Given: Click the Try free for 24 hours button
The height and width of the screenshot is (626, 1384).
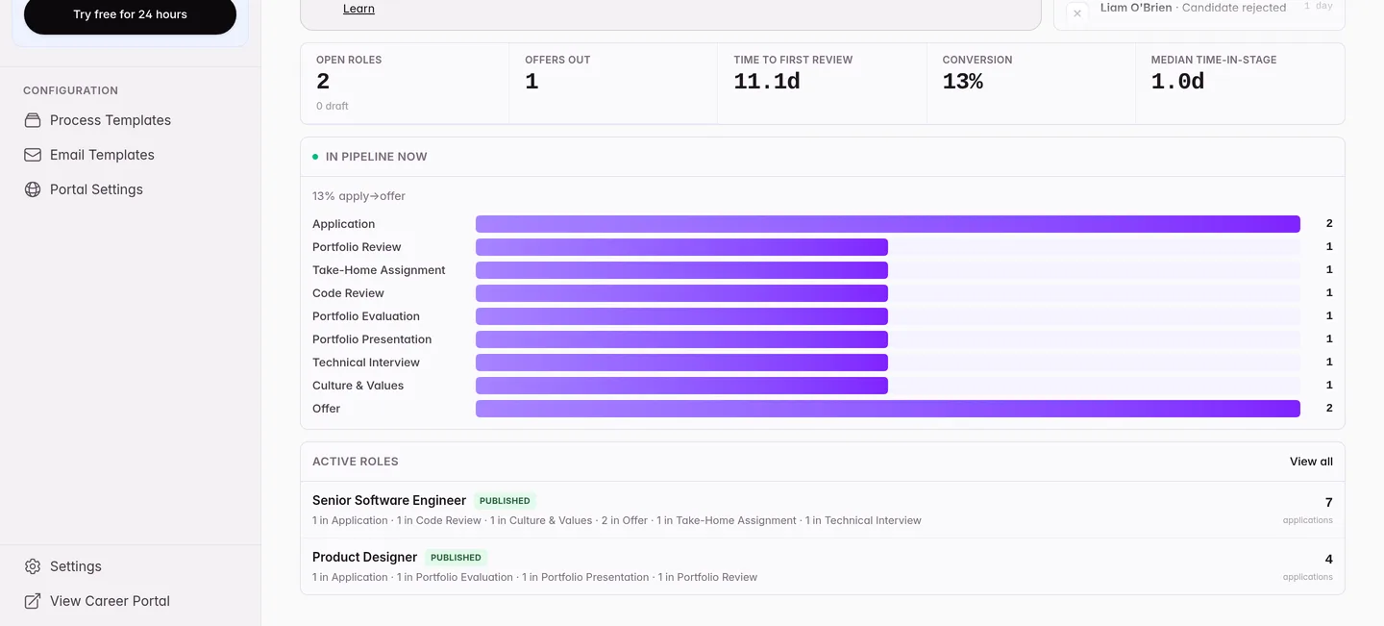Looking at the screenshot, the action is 130,14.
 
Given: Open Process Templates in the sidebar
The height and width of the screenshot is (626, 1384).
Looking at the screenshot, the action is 110,120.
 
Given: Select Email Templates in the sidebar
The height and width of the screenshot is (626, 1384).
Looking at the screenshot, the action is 102,155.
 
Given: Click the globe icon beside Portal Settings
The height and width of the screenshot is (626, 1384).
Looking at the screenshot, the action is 33,189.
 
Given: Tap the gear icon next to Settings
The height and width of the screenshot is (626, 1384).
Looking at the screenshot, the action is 33,566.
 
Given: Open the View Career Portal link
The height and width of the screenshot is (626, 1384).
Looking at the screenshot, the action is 110,601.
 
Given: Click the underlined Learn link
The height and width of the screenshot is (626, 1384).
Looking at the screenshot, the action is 358,9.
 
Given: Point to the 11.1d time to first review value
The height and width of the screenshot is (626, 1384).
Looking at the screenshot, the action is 767,81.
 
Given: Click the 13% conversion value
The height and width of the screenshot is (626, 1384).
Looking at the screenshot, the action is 963,81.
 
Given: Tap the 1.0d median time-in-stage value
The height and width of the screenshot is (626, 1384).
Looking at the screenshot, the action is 1177,81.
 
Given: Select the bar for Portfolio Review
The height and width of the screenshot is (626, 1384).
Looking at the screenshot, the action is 681,247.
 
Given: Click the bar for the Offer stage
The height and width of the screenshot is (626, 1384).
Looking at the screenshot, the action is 888,409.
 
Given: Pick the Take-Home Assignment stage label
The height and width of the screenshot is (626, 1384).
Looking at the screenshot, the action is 379,270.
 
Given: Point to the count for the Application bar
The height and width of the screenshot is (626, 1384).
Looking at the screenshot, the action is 1329,223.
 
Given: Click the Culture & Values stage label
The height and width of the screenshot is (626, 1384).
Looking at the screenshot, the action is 358,386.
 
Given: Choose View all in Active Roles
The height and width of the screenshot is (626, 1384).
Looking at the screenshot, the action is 1311,462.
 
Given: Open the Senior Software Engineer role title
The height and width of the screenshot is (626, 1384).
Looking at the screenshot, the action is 389,501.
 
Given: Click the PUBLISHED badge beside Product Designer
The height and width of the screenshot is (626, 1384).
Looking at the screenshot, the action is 456,558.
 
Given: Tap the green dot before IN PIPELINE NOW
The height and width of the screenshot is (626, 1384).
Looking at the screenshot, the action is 315,157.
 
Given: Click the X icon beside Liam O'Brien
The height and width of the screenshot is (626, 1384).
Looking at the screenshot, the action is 1076,13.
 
